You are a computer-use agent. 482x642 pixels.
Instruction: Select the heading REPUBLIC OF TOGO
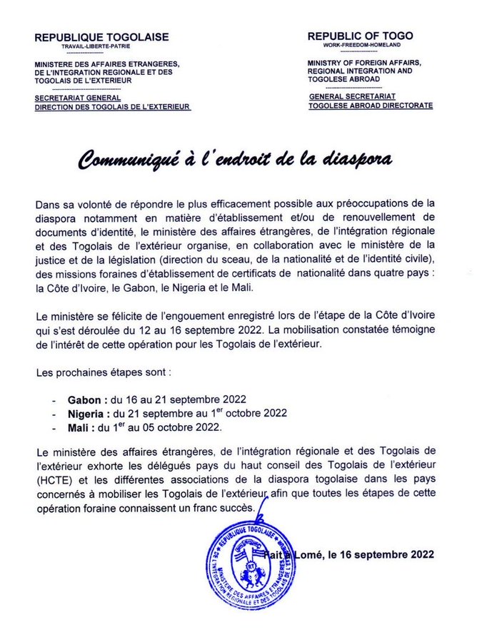360,36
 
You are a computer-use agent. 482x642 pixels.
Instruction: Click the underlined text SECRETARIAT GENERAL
78,98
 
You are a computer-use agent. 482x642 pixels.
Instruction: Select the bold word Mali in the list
78,427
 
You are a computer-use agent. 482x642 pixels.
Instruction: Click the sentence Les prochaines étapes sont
102,373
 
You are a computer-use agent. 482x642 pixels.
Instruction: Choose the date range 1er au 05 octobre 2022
172,427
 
